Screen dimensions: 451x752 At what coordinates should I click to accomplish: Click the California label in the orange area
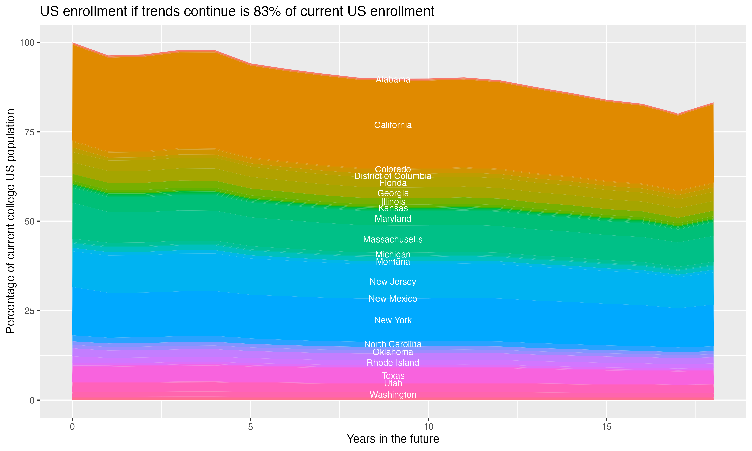(x=393, y=125)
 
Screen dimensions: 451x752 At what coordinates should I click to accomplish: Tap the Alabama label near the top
(x=393, y=80)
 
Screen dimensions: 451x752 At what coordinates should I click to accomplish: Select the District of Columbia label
(x=393, y=176)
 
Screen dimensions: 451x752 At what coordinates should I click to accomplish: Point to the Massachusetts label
(x=393, y=240)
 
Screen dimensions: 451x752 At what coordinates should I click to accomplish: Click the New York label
(x=393, y=320)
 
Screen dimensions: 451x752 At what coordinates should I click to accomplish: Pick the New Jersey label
(x=393, y=282)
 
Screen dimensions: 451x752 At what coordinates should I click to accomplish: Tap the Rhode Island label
(x=393, y=363)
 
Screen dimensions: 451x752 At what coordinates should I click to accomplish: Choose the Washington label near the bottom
(x=393, y=395)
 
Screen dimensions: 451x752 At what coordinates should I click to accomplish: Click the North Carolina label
(x=393, y=344)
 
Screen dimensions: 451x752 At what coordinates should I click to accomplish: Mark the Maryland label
(x=393, y=219)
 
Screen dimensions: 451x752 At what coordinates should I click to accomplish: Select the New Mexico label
(x=393, y=299)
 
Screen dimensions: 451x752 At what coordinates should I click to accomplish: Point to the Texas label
(x=393, y=376)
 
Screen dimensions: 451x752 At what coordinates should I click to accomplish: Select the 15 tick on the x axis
(x=606, y=427)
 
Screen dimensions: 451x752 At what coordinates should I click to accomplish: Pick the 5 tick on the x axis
(x=250, y=427)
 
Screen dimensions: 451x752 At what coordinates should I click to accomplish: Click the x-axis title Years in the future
(x=393, y=439)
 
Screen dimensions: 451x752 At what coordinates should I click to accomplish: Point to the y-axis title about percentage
(x=10, y=221)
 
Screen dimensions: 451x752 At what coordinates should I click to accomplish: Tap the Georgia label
(x=393, y=193)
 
